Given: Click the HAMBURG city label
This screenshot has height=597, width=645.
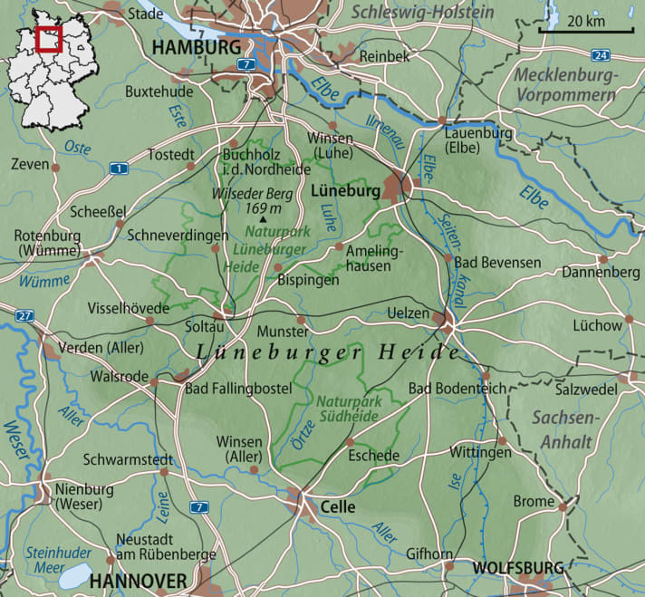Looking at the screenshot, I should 197,47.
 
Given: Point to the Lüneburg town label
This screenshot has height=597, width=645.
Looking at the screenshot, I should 343,192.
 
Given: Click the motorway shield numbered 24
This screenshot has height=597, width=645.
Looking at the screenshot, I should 604,55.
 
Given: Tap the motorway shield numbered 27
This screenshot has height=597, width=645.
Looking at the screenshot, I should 24,316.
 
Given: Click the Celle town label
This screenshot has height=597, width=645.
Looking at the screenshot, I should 337,507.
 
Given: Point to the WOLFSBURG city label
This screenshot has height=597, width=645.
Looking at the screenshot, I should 517,568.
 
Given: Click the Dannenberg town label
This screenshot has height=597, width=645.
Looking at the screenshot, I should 601,271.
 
